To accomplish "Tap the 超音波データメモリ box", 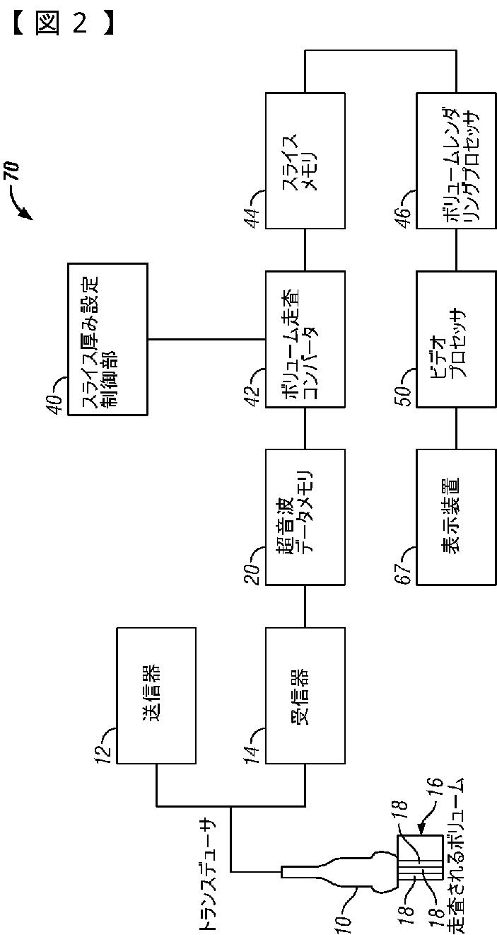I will [x=305, y=517].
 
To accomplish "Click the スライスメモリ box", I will [x=305, y=161].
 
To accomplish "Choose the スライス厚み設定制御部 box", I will [x=107, y=339].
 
